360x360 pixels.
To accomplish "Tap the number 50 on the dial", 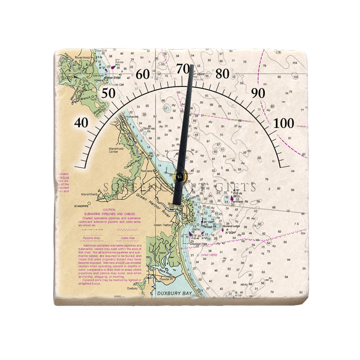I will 108,93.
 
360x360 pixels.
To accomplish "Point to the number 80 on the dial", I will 222,74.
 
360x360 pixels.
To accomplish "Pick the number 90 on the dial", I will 258,93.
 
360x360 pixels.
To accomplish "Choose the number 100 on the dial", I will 284,122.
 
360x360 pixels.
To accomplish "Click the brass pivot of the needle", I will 179,177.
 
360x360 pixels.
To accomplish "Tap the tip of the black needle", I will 191,66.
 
